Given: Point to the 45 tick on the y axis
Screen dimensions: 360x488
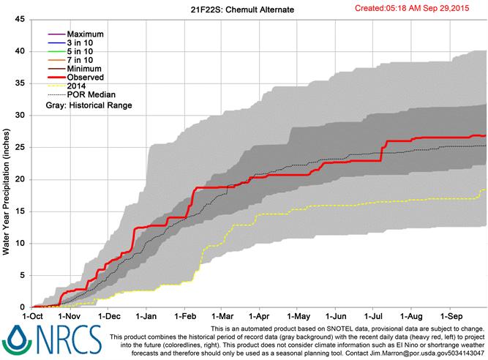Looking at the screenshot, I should click(x=20, y=20).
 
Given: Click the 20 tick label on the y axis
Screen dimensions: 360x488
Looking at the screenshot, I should click(x=20, y=179).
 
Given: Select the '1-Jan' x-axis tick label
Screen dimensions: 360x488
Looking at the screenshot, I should click(x=146, y=316).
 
